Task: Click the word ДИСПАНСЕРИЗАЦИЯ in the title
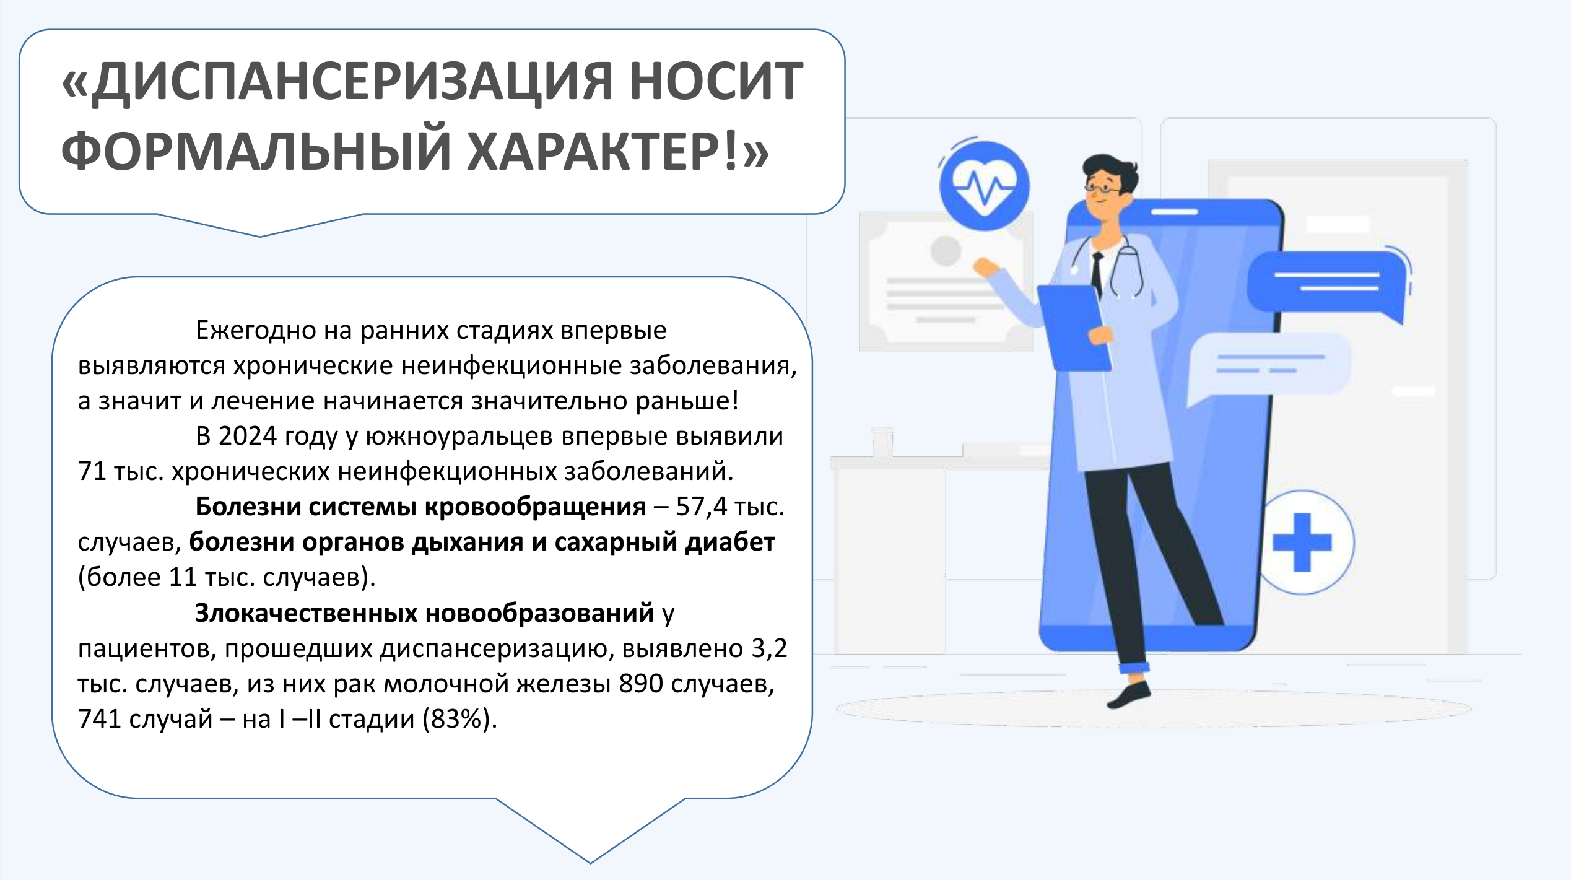coord(352,83)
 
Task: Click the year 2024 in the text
coord(247,436)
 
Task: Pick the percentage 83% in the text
coord(456,719)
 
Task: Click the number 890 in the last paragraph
coord(641,684)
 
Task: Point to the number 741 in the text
coord(100,719)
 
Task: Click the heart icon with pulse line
coord(984,185)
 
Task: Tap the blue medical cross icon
coord(1302,542)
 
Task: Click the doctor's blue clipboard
coord(1074,328)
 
